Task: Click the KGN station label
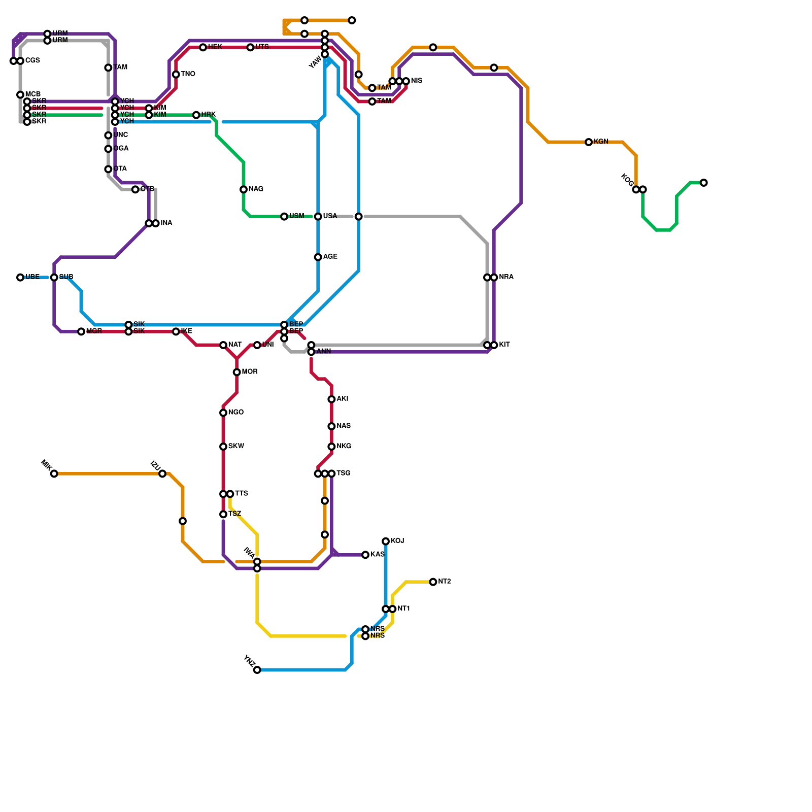pos(601,142)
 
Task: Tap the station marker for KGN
pos(589,142)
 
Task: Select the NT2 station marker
pos(433,582)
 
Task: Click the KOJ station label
pos(397,541)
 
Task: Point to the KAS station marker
pos(365,555)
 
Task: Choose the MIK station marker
pos(54,474)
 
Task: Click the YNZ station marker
pos(257,670)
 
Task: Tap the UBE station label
pos(32,277)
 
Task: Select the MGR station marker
pos(81,332)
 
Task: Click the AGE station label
pos(330,257)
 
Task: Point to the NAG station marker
pos(244,190)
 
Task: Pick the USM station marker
pos(284,217)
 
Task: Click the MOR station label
pos(250,372)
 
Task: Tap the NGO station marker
pos(223,413)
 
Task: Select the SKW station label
pos(236,447)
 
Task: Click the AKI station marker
pos(331,399)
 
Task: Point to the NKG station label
pos(344,447)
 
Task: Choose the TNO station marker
pos(176,75)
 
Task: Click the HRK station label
pos(209,115)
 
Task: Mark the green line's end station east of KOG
pos(703,183)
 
